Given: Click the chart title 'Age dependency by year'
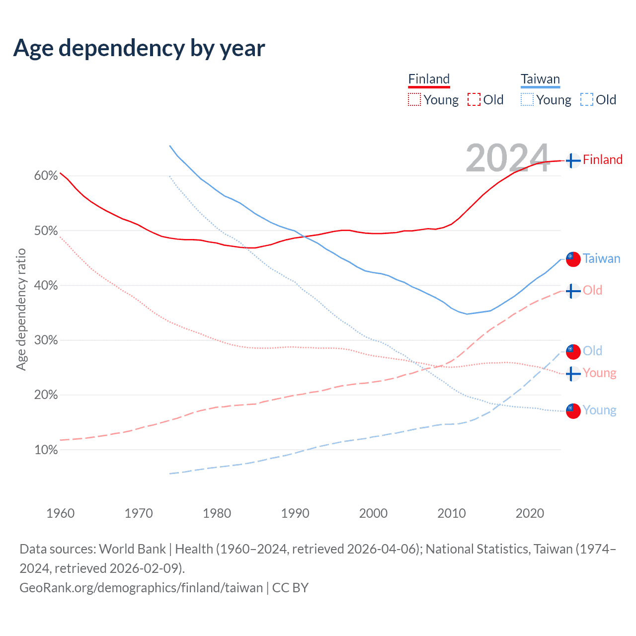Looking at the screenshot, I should (x=139, y=48).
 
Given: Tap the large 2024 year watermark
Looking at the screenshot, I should (x=507, y=158).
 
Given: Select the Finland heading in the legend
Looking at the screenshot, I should (x=429, y=79).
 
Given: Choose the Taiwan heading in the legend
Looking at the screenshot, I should (x=540, y=79).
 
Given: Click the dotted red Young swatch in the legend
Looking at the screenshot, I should (x=414, y=100).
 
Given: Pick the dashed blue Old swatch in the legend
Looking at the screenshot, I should (x=586, y=100).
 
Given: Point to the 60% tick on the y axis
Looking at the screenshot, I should (x=46, y=176).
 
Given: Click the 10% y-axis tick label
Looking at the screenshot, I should (x=46, y=450).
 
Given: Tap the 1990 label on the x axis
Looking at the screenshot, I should (x=295, y=513).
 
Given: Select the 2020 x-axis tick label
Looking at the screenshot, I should (x=530, y=513).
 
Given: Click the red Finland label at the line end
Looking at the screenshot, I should (x=602, y=159).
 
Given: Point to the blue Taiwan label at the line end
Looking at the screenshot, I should (x=601, y=258).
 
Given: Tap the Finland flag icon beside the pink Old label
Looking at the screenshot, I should (x=573, y=290).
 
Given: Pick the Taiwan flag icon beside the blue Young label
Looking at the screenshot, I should (x=573, y=411).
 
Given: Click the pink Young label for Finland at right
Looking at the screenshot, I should (x=599, y=373).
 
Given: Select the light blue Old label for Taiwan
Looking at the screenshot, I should (x=592, y=351).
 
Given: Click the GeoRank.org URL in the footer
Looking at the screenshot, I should (x=141, y=588).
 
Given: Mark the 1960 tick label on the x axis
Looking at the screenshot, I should (x=61, y=513).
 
